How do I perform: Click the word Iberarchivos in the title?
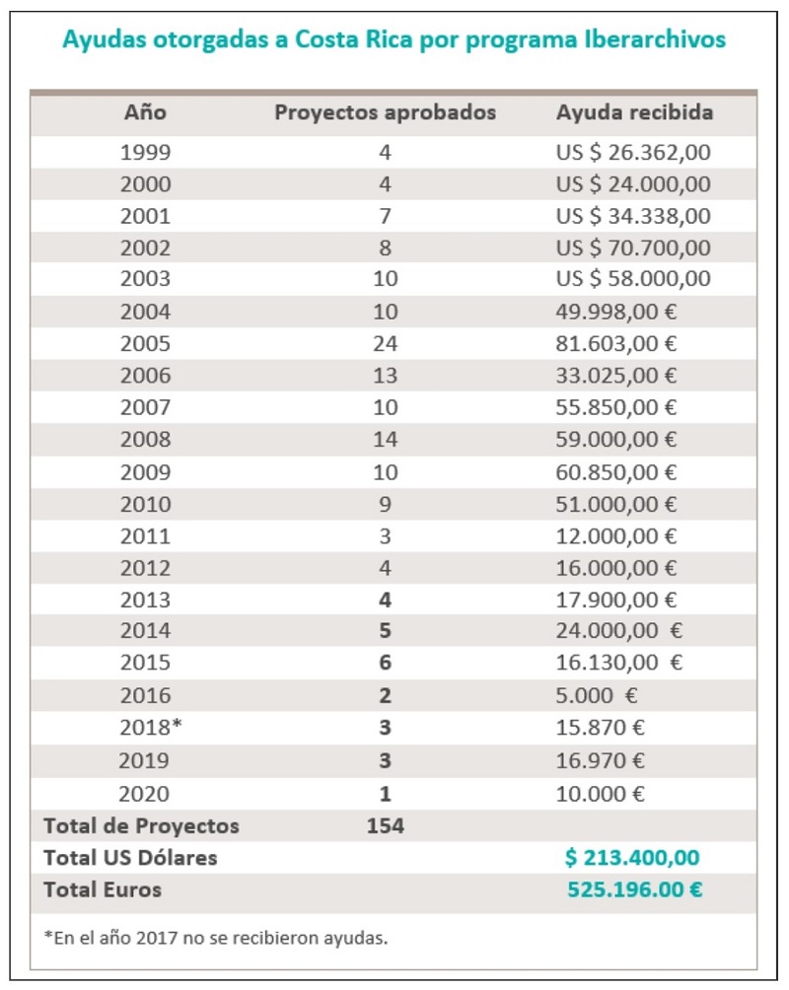tap(655, 39)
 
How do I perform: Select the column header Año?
tap(145, 112)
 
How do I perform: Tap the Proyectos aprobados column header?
tap(385, 112)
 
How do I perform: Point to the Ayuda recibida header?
tap(634, 112)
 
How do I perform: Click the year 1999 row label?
tap(145, 152)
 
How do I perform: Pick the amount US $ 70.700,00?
tap(633, 247)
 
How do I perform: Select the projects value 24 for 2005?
tap(386, 343)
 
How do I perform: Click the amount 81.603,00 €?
tap(615, 343)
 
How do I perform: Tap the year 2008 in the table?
tap(145, 439)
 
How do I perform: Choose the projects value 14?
tap(386, 439)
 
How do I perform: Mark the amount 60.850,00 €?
tap(615, 472)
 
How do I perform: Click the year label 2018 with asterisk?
tap(151, 727)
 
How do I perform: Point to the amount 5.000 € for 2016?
tap(597, 695)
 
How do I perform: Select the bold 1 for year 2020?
tap(386, 794)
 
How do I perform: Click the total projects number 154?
tap(386, 826)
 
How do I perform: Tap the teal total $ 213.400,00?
tap(632, 858)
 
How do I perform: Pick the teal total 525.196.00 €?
tap(635, 889)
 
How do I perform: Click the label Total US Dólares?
tap(130, 858)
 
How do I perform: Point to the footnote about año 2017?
tap(215, 938)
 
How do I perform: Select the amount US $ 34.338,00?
tap(633, 216)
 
